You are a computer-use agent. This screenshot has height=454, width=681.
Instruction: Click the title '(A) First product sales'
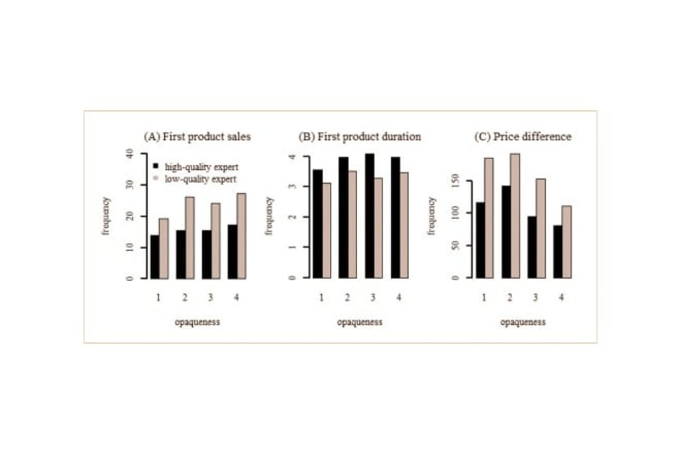pos(198,136)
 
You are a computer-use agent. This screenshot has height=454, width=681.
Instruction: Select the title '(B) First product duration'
pos(360,136)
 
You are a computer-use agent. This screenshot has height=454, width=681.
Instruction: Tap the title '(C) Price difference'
pos(522,136)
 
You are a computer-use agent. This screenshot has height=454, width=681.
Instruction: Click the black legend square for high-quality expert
pos(156,166)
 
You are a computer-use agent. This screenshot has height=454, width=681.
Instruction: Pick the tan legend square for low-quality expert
pos(156,178)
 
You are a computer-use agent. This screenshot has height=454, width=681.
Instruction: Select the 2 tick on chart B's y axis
pos(293,216)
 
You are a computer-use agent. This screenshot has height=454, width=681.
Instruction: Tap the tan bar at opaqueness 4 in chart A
pos(241,236)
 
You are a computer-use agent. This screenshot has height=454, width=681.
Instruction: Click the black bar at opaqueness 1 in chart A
pos(155,256)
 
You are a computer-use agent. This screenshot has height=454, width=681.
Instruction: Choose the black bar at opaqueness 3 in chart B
pos(369,216)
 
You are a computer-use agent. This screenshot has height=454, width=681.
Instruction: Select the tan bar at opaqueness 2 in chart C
pos(515,216)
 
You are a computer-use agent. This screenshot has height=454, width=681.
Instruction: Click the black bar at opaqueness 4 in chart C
pos(557,252)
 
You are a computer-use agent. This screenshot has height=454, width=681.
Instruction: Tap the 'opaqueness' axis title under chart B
pos(360,322)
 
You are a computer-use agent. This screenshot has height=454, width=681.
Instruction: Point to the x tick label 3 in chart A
pos(211,297)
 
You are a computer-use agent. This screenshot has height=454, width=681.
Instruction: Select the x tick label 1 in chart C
pos(484,297)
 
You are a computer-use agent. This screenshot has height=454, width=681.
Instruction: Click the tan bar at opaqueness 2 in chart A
pos(190,238)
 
